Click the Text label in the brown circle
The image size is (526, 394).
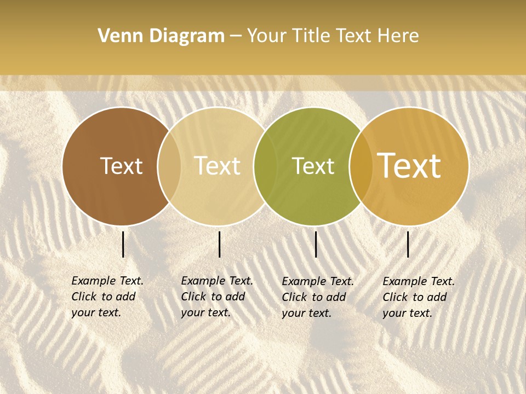(121, 166)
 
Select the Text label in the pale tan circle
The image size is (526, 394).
(217, 166)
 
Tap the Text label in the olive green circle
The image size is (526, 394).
(313, 166)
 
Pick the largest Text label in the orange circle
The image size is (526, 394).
(409, 166)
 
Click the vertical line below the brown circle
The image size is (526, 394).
(123, 244)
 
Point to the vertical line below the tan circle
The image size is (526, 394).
(219, 244)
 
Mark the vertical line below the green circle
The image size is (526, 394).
(316, 244)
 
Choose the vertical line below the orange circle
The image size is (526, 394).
(408, 244)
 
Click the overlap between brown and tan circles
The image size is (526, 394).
(169, 166)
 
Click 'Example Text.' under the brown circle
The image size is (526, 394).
(107, 281)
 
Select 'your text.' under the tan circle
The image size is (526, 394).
(205, 313)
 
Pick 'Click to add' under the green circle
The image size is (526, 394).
(314, 297)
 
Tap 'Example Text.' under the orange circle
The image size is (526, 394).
(419, 281)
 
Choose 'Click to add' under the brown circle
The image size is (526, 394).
(104, 297)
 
